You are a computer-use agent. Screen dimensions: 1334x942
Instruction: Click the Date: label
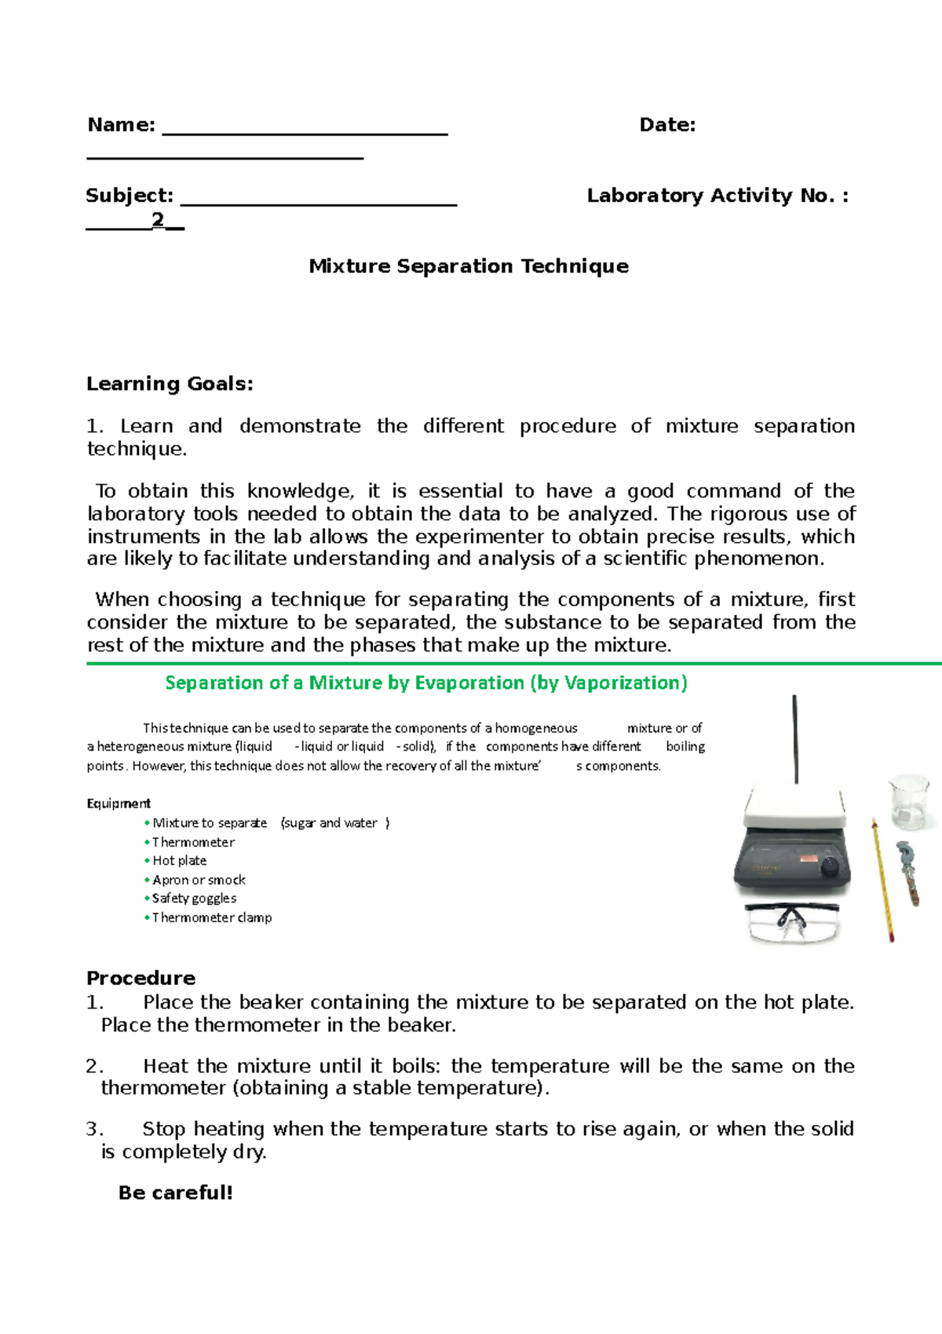(x=667, y=125)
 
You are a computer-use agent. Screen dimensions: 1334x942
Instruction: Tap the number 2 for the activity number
(x=159, y=219)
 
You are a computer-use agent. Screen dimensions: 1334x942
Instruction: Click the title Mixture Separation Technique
(x=469, y=266)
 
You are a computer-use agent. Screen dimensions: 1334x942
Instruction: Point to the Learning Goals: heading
(x=170, y=384)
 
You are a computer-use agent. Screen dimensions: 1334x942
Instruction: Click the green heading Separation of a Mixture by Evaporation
(x=426, y=683)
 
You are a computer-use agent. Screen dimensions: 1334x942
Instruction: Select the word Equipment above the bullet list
(x=119, y=804)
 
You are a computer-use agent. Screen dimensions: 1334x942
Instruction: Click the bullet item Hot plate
(x=179, y=861)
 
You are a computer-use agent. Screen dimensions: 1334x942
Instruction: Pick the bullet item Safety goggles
(x=194, y=899)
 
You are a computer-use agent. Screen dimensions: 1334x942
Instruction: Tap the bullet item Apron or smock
(x=199, y=880)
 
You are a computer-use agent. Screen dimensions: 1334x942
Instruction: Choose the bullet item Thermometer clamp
(x=212, y=918)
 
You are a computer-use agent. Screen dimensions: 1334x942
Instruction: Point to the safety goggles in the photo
(x=793, y=921)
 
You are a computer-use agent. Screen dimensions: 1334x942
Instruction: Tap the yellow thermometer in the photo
(x=882, y=880)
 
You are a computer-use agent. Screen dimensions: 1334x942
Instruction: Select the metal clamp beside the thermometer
(x=908, y=872)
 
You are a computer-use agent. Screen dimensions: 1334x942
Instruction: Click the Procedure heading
(x=141, y=978)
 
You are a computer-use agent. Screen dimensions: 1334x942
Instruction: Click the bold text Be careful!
(x=176, y=1193)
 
